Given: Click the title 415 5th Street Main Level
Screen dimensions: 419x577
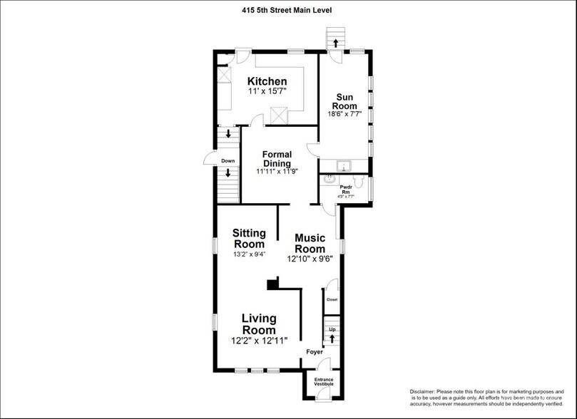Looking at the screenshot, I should (287, 10).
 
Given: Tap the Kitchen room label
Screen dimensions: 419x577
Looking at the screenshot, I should (267, 82).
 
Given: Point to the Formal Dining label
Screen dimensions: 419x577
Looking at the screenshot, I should (277, 159).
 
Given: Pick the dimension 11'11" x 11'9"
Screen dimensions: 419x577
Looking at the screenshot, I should (277, 172).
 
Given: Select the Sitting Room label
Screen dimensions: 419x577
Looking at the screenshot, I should (250, 239).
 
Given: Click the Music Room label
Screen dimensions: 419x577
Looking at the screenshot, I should (310, 243).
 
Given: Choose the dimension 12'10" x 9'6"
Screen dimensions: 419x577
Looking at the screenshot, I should (310, 259).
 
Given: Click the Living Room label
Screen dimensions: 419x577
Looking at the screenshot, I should (258, 324).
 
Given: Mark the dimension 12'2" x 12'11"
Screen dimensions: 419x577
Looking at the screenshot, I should (258, 341).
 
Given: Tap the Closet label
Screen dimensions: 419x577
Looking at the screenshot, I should (332, 299).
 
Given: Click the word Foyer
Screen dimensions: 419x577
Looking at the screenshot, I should (314, 352).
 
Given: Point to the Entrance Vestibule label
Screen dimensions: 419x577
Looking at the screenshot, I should (324, 382).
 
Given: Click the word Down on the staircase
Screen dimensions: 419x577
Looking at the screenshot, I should (228, 161).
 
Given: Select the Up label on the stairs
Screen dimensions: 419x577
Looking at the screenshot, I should (331, 330).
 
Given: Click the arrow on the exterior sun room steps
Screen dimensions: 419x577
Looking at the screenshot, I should (335, 43).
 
